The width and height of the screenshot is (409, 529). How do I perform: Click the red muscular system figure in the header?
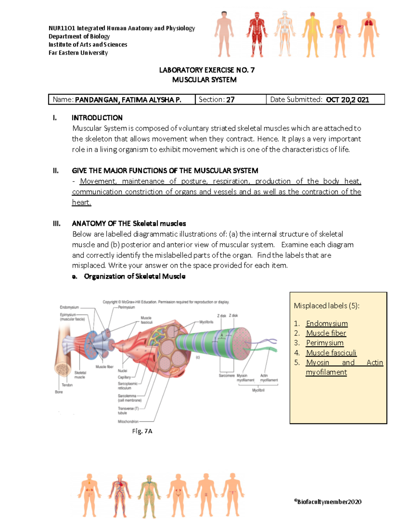(x=257, y=34)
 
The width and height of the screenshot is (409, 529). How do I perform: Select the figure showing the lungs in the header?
(x=368, y=34)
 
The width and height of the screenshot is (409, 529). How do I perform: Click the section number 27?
(x=230, y=100)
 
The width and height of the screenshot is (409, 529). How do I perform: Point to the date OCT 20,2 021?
(x=347, y=100)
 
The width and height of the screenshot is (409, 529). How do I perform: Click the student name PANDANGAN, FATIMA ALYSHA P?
(x=128, y=100)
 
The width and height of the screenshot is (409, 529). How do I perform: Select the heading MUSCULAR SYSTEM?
(x=204, y=80)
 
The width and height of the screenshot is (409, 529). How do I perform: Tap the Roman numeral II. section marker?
(x=56, y=171)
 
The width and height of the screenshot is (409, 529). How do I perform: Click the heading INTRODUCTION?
(x=97, y=118)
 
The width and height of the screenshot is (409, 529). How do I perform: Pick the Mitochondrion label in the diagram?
(x=128, y=422)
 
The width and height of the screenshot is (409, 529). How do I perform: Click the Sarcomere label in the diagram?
(x=227, y=375)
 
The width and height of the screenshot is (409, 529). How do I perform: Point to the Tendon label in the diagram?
(x=67, y=385)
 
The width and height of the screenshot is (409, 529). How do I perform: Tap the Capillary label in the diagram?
(x=124, y=377)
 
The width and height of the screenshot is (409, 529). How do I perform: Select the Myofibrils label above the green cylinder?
(x=206, y=322)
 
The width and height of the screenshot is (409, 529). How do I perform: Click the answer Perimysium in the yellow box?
(x=324, y=343)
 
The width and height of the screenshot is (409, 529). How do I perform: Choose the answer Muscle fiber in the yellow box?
(x=326, y=333)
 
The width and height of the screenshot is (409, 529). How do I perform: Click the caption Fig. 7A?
(x=142, y=431)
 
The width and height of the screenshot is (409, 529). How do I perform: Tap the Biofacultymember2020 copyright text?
(x=328, y=502)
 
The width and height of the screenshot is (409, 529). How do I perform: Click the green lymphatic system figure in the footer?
(x=149, y=496)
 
